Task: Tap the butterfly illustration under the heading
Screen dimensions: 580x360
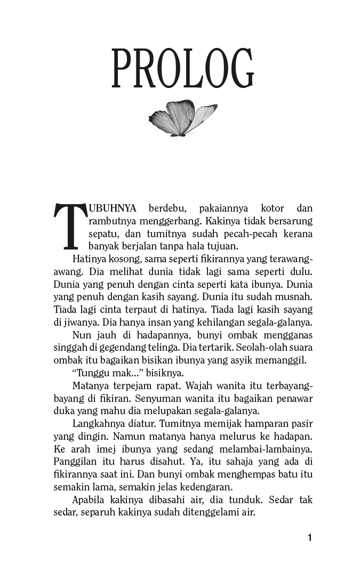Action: point(182,117)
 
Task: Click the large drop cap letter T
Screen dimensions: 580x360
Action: point(68,226)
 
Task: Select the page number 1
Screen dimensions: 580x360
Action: point(310,538)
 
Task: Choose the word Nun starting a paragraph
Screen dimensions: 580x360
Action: point(81,335)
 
